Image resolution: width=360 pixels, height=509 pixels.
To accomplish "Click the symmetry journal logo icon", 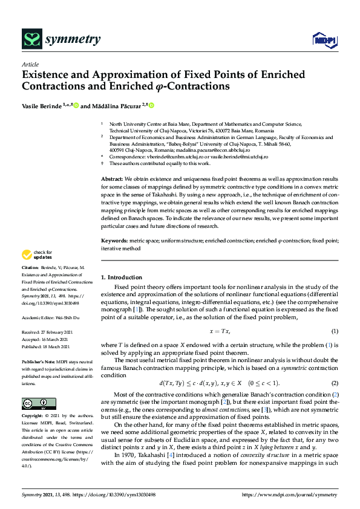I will point(31,40).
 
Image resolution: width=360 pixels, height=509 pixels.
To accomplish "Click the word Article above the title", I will point(30,65).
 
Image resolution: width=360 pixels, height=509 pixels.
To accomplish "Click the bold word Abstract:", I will point(112,180).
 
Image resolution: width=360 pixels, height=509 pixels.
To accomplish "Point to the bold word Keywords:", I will point(114,241).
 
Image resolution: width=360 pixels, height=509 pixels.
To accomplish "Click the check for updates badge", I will point(38,254).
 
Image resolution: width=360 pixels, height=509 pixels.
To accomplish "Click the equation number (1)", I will point(334,331).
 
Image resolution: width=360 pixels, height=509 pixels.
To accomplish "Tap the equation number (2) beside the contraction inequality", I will point(334,383).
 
